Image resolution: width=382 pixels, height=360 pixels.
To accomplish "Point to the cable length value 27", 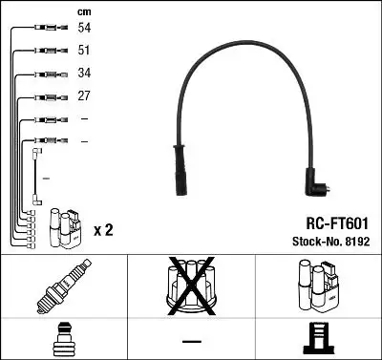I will pyautogui.click(x=85, y=96).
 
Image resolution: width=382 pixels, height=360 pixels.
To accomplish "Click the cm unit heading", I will pyautogui.click(x=84, y=11).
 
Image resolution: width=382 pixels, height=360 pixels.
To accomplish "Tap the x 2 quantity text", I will pyautogui.click(x=105, y=230).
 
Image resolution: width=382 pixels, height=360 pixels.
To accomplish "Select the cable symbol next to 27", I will pyautogui.click(x=47, y=96).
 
